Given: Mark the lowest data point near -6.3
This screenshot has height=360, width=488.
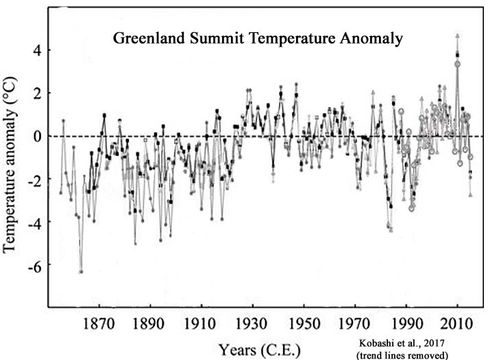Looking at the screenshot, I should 81,272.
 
